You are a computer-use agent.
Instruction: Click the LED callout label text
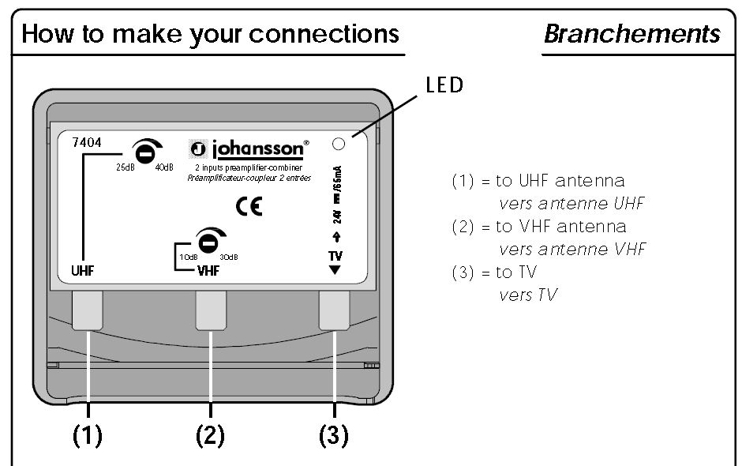tap(444, 85)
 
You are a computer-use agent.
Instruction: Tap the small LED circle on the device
tap(339, 144)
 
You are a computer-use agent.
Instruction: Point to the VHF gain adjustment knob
tap(208, 240)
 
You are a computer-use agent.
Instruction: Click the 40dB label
tap(164, 167)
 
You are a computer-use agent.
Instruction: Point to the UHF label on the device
tap(82, 269)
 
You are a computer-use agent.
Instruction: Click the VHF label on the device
tap(209, 269)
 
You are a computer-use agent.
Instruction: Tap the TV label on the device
tap(335, 256)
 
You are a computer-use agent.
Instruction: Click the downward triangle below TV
tap(335, 269)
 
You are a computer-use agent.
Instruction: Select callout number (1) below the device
tap(88, 435)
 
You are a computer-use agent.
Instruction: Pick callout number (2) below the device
tap(211, 435)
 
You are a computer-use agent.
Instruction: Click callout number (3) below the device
tap(334, 435)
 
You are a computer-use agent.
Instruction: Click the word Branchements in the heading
tap(632, 34)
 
